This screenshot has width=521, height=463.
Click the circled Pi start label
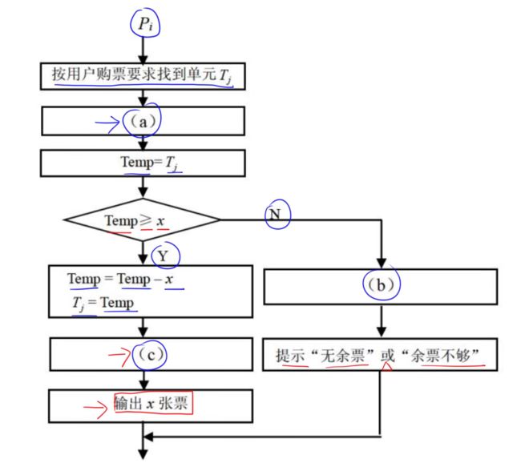click(x=144, y=23)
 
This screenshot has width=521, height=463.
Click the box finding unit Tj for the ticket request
click(x=143, y=76)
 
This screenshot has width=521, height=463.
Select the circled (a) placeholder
click(x=142, y=121)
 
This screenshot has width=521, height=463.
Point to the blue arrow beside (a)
click(x=107, y=123)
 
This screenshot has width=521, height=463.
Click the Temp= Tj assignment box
click(x=143, y=163)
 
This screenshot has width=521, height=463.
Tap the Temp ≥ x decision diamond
click(x=142, y=219)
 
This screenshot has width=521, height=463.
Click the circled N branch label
click(x=277, y=214)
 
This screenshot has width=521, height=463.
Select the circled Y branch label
click(x=165, y=255)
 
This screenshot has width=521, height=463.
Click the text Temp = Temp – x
click(x=120, y=279)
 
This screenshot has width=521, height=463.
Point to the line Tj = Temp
click(x=103, y=304)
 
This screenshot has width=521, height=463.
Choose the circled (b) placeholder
click(x=382, y=284)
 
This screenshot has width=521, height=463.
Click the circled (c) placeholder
click(x=150, y=355)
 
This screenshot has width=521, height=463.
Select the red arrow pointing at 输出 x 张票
click(x=95, y=409)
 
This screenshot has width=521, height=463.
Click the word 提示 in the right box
click(x=290, y=356)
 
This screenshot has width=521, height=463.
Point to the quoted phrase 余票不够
click(x=441, y=356)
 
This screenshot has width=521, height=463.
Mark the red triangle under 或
click(x=386, y=366)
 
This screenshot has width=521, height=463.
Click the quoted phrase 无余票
click(x=342, y=356)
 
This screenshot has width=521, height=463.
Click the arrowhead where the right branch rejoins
click(x=147, y=437)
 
